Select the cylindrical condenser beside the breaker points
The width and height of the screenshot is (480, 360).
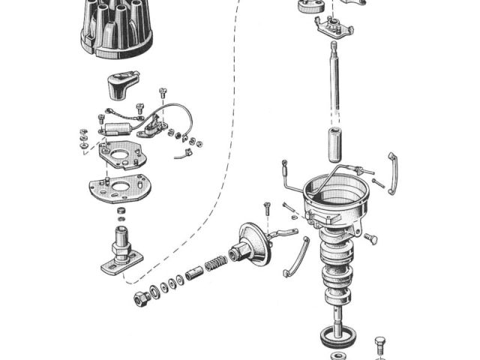point(116,128)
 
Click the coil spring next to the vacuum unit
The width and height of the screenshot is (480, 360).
point(215,264)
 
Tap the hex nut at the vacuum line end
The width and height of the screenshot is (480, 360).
point(140,298)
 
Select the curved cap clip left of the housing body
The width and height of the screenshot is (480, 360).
point(296,256)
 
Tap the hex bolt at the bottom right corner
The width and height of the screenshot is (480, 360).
point(379,346)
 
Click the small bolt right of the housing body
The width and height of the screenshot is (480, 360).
point(370,238)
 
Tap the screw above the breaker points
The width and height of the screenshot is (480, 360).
point(162,94)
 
